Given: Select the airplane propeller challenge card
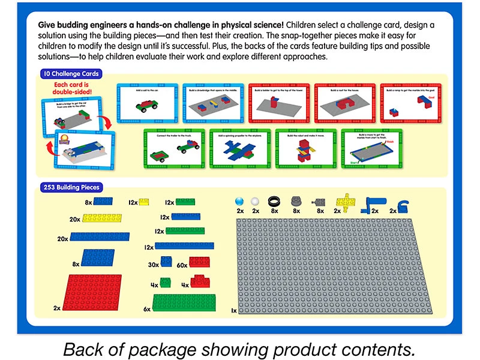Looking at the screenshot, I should [x=239, y=148].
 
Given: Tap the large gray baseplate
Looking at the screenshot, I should [x=338, y=266].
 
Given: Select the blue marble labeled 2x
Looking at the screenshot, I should [x=240, y=202].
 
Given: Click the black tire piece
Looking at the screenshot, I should [x=275, y=202].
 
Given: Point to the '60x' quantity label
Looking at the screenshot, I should [x=181, y=265].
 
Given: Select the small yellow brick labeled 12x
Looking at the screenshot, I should [x=143, y=202].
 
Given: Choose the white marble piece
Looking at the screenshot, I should [x=256, y=202].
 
